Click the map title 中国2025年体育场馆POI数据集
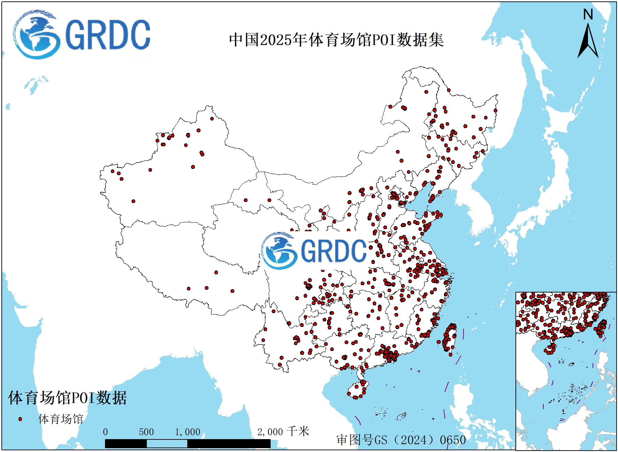[x=336, y=40]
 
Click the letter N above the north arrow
[x=588, y=15]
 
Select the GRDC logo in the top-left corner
[x=82, y=34]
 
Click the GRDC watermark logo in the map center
[x=314, y=250]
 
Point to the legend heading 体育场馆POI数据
[x=67, y=398]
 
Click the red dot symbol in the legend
[x=20, y=419]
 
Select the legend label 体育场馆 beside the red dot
[x=61, y=419]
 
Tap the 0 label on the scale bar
[x=105, y=432]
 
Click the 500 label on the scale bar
[x=146, y=432]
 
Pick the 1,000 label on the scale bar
[x=187, y=432]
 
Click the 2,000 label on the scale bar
[x=270, y=432]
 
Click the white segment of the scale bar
[x=167, y=444]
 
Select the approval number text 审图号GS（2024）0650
[x=401, y=440]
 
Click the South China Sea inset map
[x=566, y=371]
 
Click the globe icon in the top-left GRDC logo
[x=36, y=34]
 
